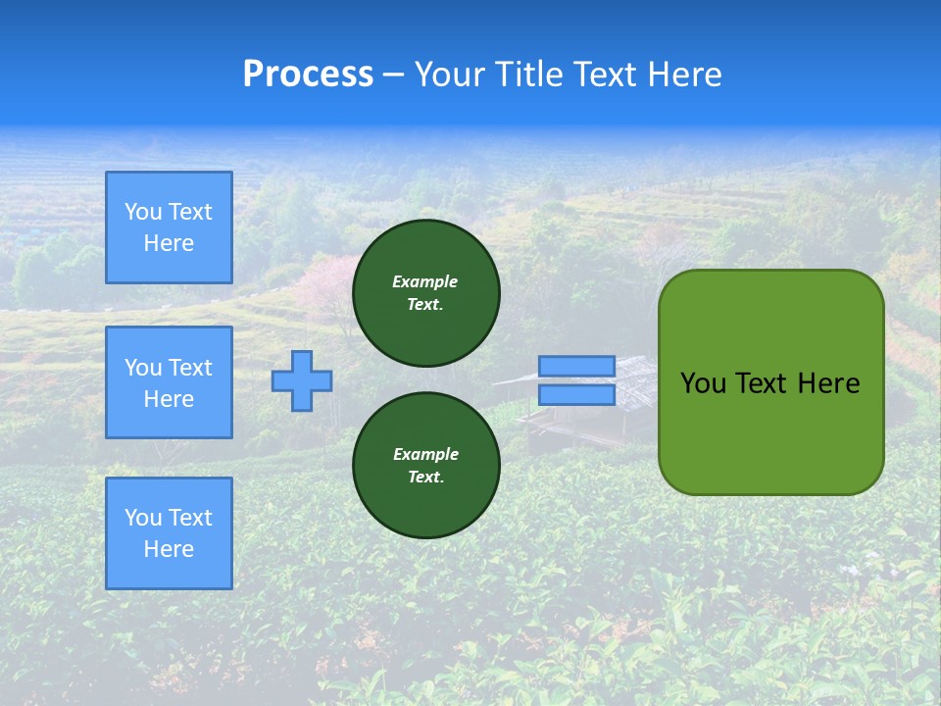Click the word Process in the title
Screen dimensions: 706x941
[x=308, y=75]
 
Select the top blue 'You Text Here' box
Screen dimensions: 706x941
[x=169, y=227]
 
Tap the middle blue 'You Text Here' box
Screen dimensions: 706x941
[x=169, y=382]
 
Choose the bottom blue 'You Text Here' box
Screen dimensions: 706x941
[x=169, y=532]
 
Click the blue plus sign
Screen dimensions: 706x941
[x=302, y=380]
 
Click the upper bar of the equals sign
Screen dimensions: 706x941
[x=576, y=367]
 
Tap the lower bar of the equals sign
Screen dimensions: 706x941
[x=576, y=394]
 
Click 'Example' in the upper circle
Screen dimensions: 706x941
[x=425, y=281]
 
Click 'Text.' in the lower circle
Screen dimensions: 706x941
[x=425, y=478]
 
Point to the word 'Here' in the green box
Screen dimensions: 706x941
[x=828, y=383]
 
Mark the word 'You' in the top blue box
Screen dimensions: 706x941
[x=142, y=212]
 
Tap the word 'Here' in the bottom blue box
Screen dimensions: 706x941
[x=169, y=549]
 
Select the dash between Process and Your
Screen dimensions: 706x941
[x=394, y=75]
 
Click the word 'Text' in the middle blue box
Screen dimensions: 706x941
[x=190, y=368]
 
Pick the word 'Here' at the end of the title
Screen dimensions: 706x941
[x=686, y=75]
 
